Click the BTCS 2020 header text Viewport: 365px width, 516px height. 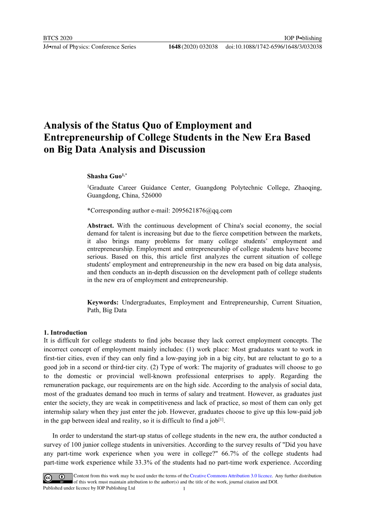tap(58, 38)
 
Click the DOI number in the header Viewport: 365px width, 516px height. tap(274, 47)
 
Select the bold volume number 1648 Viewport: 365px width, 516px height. tap(174, 47)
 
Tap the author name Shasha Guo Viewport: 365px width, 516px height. tap(104, 176)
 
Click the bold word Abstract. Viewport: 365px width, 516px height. tap(100, 226)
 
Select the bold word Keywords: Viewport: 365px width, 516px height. tap(103, 302)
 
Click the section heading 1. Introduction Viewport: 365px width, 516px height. tap(65, 332)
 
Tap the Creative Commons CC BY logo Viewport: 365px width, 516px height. tap(58, 478)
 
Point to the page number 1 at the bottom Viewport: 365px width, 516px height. tap(184, 489)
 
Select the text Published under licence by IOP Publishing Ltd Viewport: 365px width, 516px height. tap(89, 488)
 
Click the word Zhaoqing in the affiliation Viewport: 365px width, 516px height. tap(307, 188)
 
